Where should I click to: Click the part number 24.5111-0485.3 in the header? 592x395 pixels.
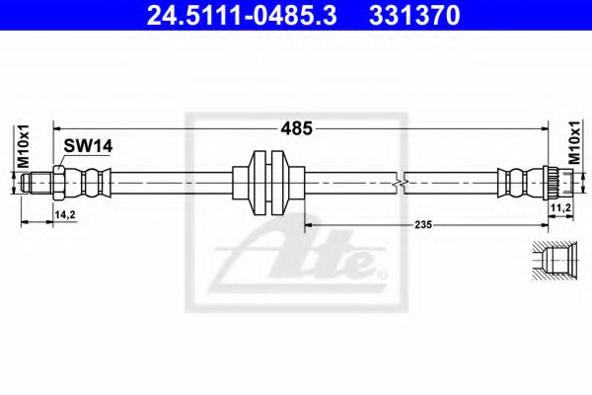click(x=242, y=15)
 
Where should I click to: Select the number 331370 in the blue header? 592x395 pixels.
click(x=414, y=15)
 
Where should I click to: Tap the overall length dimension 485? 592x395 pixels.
click(x=296, y=128)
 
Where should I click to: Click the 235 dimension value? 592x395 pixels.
click(x=423, y=224)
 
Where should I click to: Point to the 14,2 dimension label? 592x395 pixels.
click(x=65, y=214)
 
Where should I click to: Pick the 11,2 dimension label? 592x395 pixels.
click(x=560, y=208)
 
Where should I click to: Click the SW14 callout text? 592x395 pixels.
click(x=88, y=146)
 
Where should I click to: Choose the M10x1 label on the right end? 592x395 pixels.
click(x=574, y=143)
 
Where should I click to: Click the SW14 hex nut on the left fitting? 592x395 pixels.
click(x=58, y=183)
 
